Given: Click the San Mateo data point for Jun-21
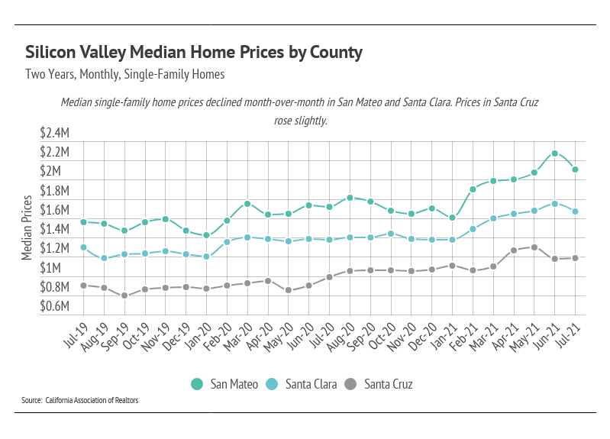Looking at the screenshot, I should point(555,153).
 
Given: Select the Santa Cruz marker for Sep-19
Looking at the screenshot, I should point(124,295).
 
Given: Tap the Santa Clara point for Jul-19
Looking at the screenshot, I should point(83,247).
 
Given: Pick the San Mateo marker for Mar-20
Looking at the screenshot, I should point(247,204).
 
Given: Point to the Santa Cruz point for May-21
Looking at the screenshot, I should point(534,247).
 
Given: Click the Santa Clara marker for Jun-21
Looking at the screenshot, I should point(555,204).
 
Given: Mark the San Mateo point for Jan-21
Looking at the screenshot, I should point(453,218).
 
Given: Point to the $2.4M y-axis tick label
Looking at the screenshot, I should point(54,132).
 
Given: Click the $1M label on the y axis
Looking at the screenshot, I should point(59,268).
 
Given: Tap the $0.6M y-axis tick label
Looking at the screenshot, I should point(54,306).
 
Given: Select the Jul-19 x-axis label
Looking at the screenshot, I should point(74,334).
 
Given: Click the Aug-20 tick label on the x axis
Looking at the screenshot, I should point(341,334).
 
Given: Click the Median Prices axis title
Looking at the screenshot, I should point(27,228).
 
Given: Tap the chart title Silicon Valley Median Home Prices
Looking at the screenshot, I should point(193,53).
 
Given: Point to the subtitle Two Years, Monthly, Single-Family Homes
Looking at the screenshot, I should point(125,75).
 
